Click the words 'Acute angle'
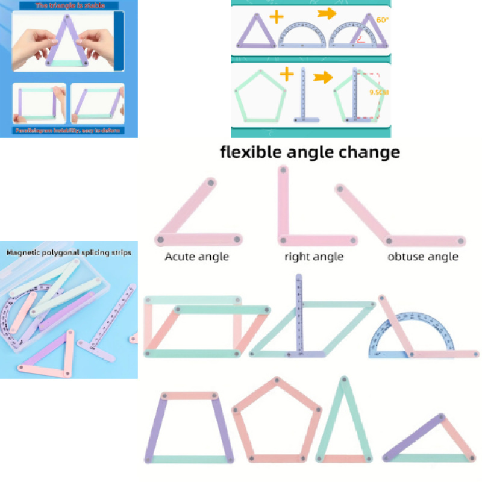[x=196, y=257]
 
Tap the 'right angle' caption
[x=313, y=257]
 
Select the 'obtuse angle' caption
[x=422, y=257]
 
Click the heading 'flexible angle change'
[x=310, y=152]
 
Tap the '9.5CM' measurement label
[x=378, y=92]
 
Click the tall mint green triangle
[x=343, y=422]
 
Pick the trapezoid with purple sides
[x=189, y=428]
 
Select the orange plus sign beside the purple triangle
[x=276, y=16]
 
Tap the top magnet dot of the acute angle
[x=211, y=183]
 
